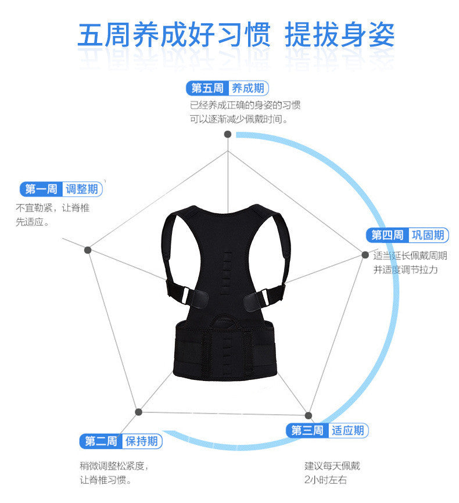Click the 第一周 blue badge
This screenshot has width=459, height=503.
tap(41, 189)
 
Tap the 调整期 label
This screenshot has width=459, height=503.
tap(82, 189)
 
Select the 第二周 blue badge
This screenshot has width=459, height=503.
tap(101, 441)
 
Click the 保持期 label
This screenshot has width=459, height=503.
tap(142, 441)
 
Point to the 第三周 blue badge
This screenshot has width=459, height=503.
tap(307, 430)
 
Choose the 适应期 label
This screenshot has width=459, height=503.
tap(348, 430)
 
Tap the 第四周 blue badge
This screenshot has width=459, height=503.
tap(387, 235)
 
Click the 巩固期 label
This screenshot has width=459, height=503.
tap(428, 235)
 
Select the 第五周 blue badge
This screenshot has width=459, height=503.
tap(207, 88)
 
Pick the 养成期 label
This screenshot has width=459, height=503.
tap(248, 88)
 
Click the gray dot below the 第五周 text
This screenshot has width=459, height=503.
tap(228, 134)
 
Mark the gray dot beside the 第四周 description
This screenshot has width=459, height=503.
tap(365, 255)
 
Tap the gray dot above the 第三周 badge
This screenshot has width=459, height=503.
tap(309, 415)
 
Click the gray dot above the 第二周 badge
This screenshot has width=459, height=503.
tap(138, 412)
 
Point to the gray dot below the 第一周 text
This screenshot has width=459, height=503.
tap(88, 250)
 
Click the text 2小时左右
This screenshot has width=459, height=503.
tap(325, 480)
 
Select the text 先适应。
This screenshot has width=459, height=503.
tap(32, 222)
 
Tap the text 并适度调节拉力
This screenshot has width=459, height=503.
tap(406, 270)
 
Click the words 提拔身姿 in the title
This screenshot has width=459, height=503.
tap(339, 34)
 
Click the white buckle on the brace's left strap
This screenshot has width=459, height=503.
tap(186, 294)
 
